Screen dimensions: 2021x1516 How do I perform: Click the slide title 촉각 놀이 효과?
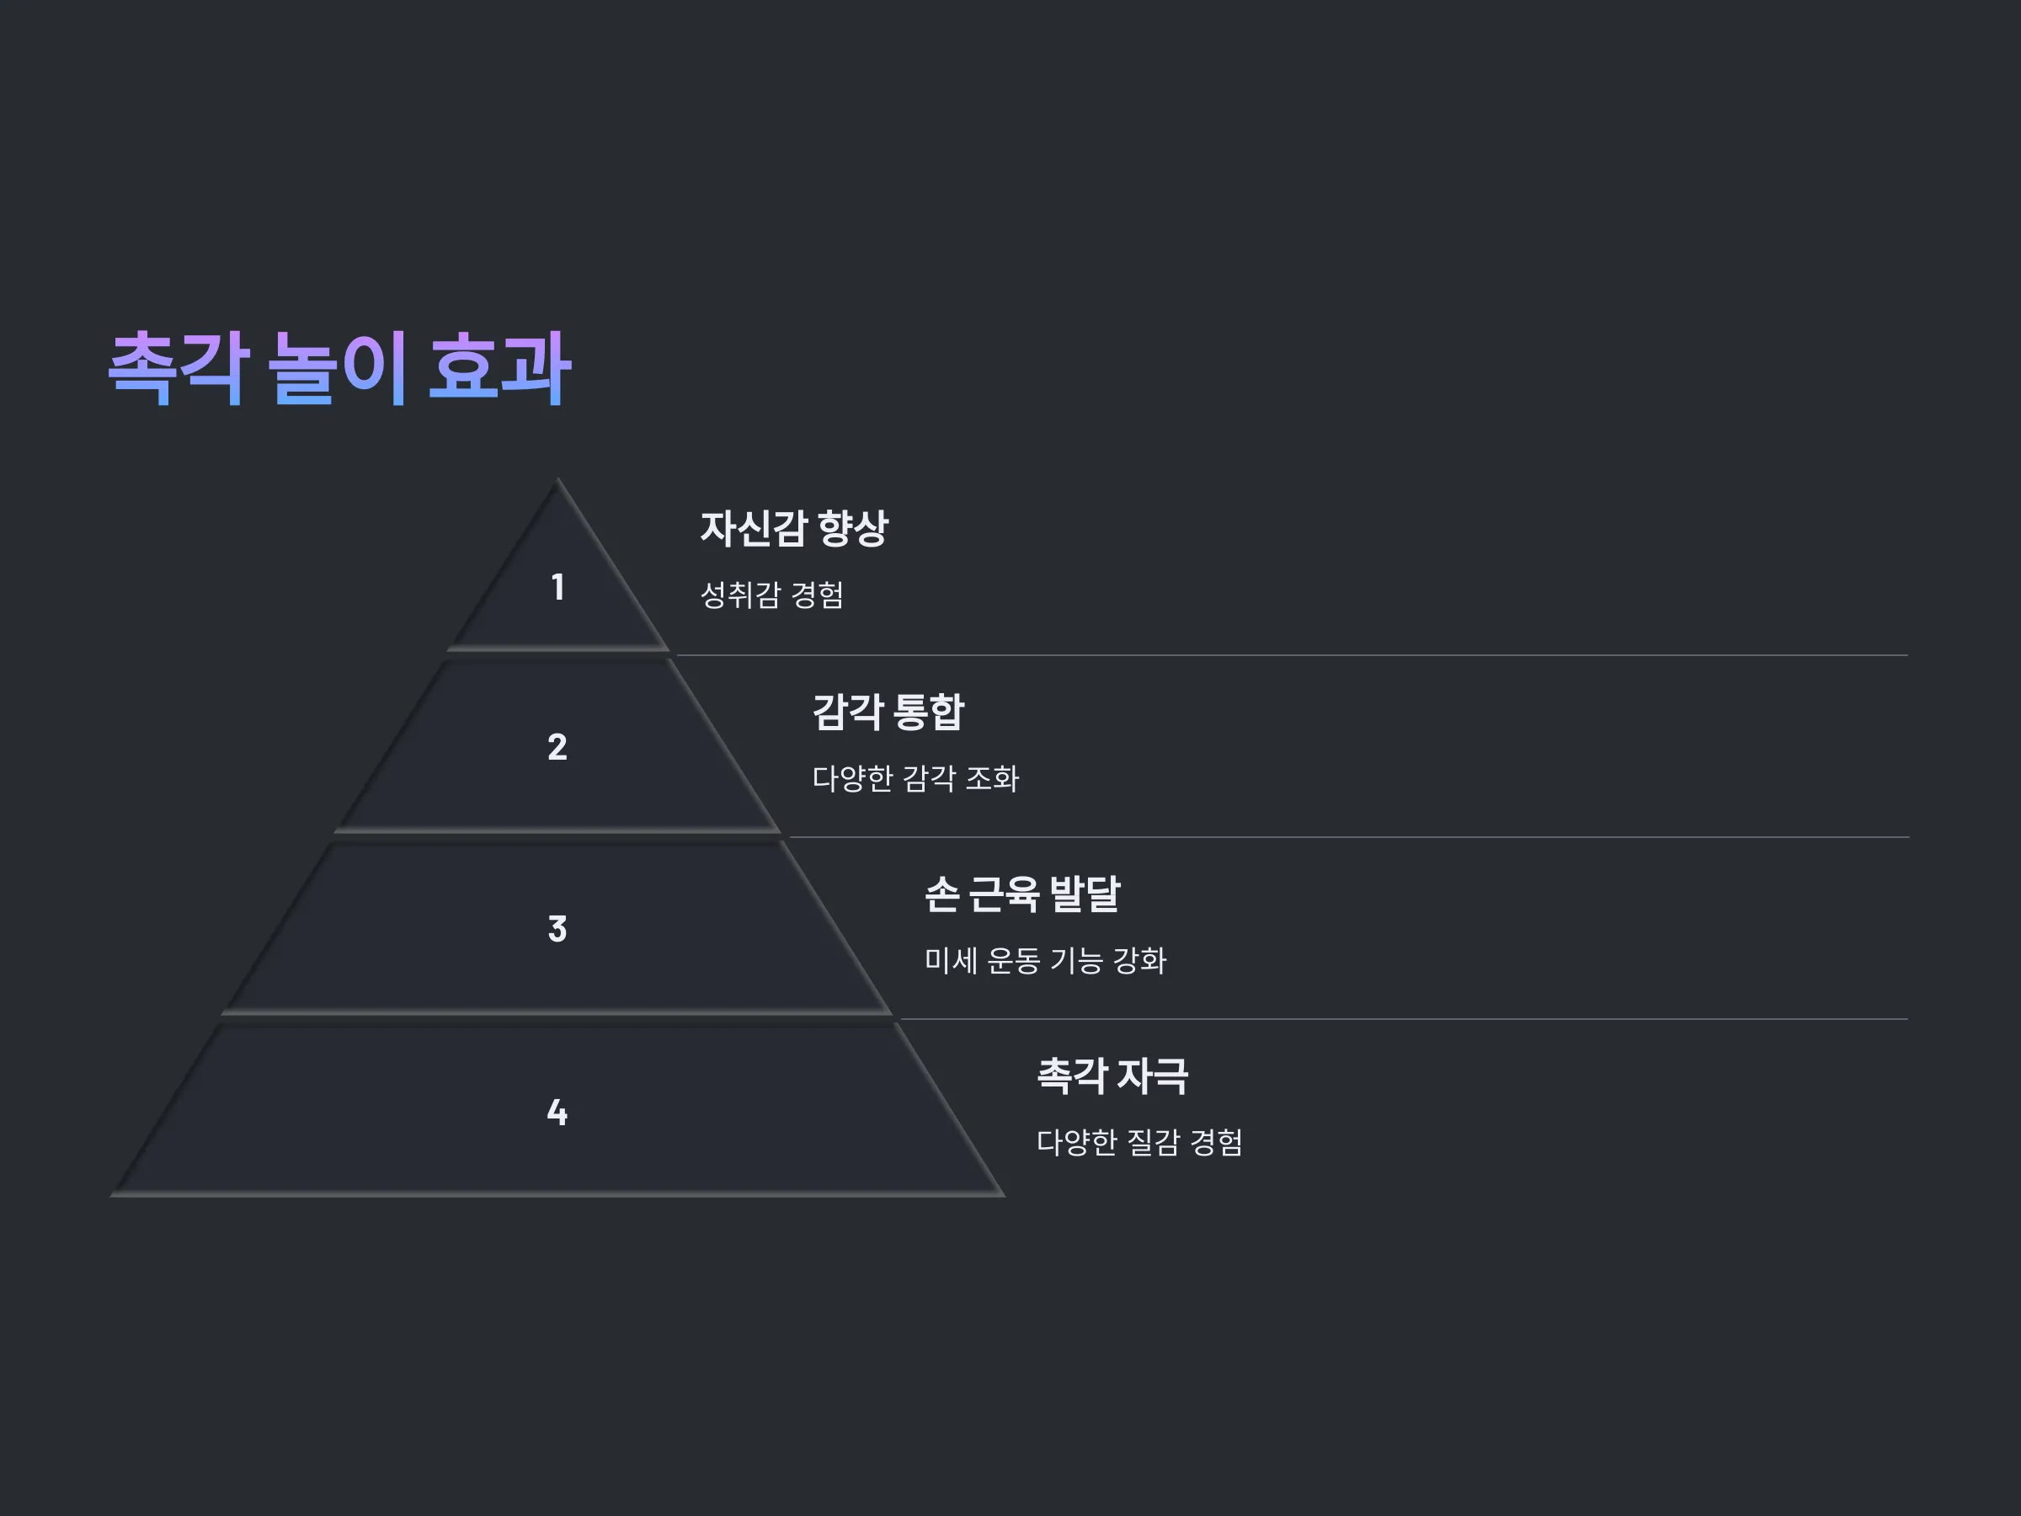coord(340,367)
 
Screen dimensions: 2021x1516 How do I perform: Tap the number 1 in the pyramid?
coord(557,587)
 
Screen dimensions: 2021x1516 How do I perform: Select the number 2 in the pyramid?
coord(557,746)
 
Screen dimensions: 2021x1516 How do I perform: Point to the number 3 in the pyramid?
coord(557,928)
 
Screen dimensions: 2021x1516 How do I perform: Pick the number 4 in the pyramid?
coord(557,1112)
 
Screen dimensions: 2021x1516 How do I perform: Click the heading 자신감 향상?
coord(794,528)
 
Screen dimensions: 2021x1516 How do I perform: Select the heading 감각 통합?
coord(888,712)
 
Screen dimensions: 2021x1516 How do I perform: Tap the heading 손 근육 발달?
coord(1022,894)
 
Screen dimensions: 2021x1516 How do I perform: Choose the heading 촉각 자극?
coord(1113,1076)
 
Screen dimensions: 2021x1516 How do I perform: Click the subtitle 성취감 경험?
coord(772,595)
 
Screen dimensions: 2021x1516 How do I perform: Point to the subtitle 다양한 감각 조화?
coord(915,778)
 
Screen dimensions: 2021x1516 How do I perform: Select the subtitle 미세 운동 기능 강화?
coord(1045,960)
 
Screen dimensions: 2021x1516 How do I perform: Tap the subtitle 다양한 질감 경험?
coord(1139,1142)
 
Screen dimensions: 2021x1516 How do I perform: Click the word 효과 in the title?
coord(499,367)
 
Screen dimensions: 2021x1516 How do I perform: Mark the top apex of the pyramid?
coord(557,478)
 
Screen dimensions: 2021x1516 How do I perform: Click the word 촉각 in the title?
coord(179,367)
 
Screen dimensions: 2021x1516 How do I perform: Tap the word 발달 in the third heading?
coord(1085,894)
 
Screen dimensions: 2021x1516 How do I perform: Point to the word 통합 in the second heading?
coord(928,712)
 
